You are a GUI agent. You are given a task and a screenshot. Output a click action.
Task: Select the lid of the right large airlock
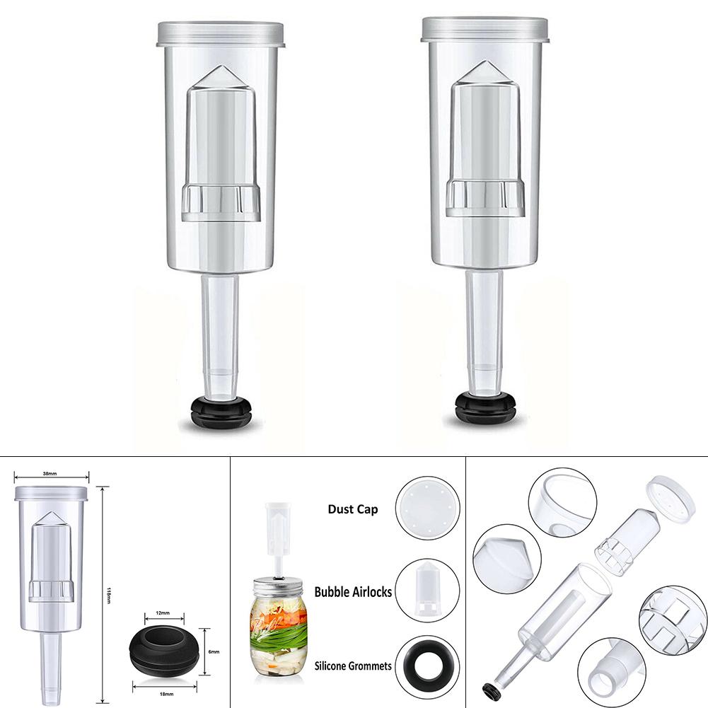[484, 30]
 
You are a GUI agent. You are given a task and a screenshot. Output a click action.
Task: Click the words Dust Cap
[352, 509]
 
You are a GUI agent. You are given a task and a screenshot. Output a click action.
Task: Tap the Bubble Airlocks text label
[353, 592]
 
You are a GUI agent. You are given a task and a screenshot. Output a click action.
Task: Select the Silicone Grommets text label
[352, 666]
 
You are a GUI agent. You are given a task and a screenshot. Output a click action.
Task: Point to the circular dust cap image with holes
[429, 509]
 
